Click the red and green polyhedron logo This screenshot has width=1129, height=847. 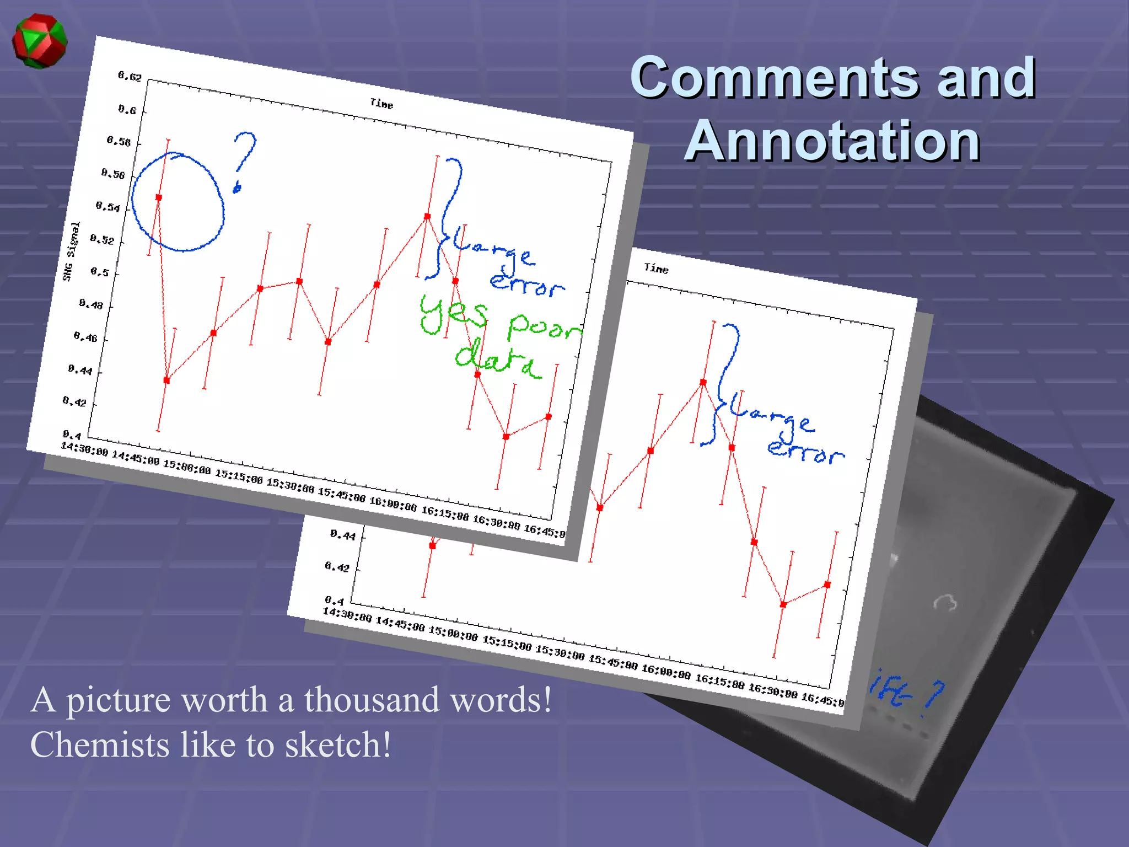coord(39,41)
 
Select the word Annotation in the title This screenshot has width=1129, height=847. coord(832,141)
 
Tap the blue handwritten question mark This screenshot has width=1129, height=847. coord(243,160)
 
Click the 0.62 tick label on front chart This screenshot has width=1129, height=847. coord(130,76)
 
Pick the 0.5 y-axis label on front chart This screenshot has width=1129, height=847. coord(100,272)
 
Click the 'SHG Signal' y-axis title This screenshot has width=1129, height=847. coord(71,251)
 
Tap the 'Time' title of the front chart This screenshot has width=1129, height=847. coord(381,103)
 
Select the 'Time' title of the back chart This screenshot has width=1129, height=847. coord(656,269)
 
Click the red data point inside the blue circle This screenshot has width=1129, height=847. coord(159,197)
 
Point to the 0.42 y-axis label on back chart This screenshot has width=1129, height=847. coord(337,566)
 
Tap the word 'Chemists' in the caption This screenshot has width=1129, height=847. coord(100,745)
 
